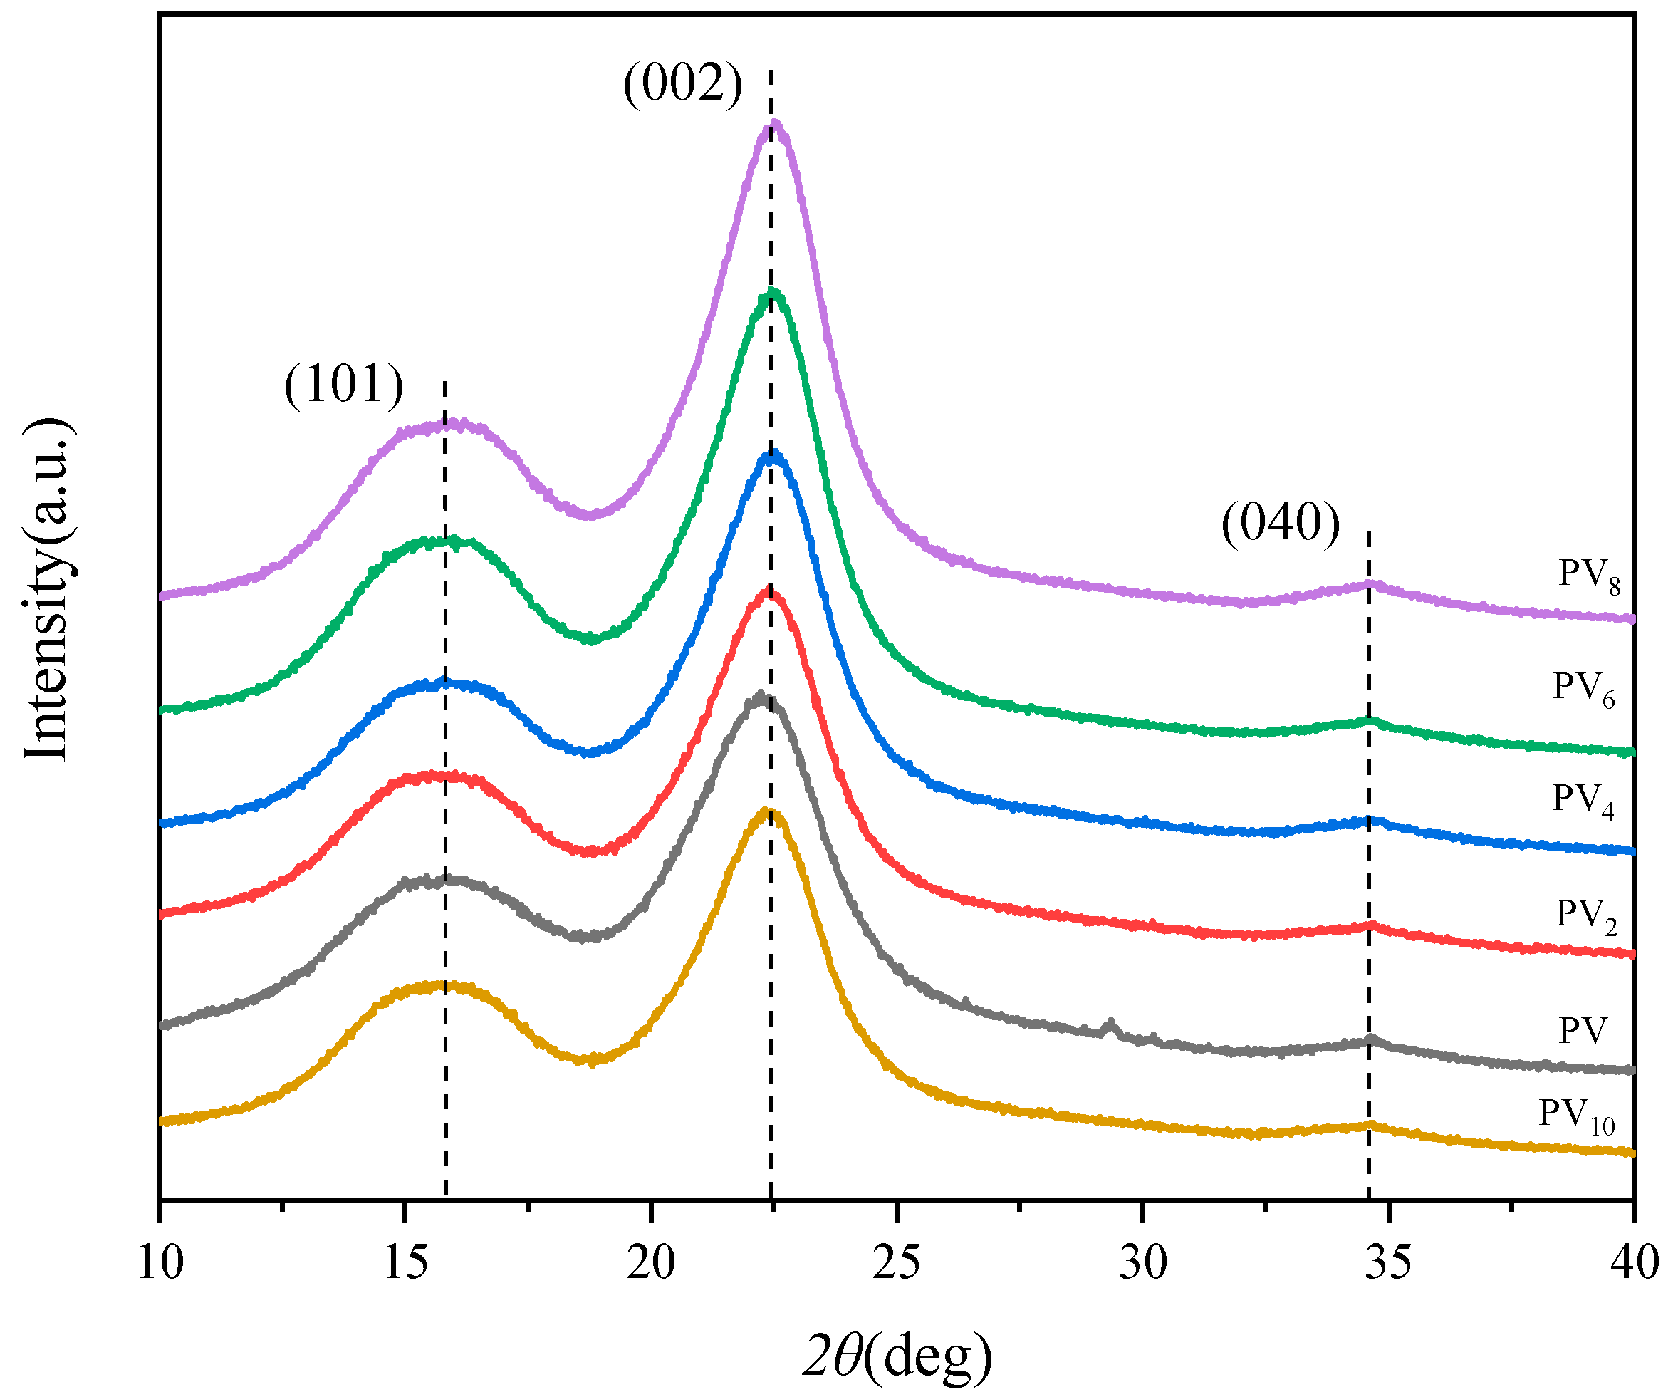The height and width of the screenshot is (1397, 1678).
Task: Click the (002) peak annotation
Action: tap(682, 84)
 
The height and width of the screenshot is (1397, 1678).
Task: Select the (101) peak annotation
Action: tap(343, 385)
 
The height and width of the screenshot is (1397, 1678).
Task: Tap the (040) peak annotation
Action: tap(1280, 524)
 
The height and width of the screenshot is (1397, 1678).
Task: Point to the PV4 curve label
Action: tap(1583, 800)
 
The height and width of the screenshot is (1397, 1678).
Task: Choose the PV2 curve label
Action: tap(1586, 915)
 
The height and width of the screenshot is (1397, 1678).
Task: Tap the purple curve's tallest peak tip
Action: tap(773, 123)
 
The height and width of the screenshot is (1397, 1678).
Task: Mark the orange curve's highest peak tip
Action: tap(766, 812)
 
